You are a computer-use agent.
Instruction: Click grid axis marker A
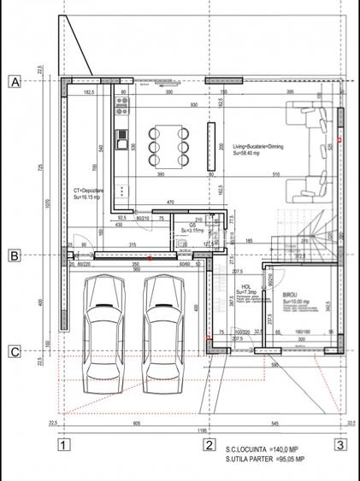(x=14, y=82)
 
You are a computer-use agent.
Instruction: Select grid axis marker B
(x=14, y=255)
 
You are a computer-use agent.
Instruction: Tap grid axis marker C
(x=14, y=350)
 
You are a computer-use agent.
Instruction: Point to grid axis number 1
(x=62, y=444)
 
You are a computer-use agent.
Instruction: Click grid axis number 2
(x=208, y=444)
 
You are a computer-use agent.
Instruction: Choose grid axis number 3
(x=339, y=444)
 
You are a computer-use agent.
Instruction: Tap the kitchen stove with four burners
(x=121, y=106)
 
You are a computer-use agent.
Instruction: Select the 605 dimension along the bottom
(x=137, y=423)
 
